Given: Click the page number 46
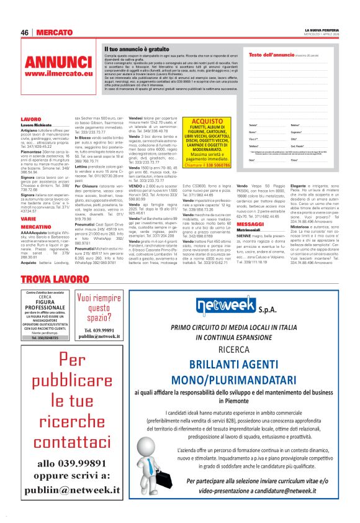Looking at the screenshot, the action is pos(25,32).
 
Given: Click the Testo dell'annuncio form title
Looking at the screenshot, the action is pos(276,55).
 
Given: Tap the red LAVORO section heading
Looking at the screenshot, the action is pos(30,119).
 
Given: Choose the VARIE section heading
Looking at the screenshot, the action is pos(29,218).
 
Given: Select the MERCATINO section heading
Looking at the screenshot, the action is pos(35,227).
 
